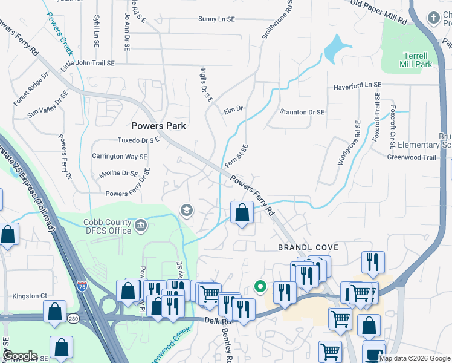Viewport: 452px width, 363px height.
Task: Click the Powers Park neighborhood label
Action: (x=159, y=126)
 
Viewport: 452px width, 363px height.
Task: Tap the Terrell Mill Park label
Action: (x=416, y=59)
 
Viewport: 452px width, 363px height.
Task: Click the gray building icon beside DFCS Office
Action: (x=141, y=226)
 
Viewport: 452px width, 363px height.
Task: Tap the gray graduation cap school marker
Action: (x=187, y=210)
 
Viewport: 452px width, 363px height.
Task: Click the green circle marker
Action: (x=260, y=286)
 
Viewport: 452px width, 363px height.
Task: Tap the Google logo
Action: (x=19, y=356)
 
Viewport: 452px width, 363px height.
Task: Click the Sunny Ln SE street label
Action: (x=216, y=19)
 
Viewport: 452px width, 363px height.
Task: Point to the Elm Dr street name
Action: (x=233, y=110)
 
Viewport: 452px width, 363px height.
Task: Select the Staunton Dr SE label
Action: (x=302, y=112)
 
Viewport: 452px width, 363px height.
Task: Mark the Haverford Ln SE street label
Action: (x=358, y=87)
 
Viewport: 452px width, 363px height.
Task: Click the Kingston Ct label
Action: (x=31, y=296)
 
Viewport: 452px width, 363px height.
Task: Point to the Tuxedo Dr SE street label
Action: (x=129, y=140)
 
